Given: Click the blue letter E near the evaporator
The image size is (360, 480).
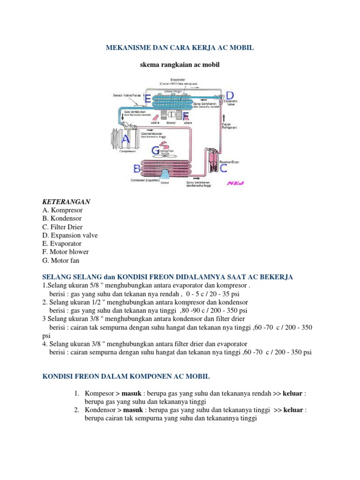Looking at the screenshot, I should point(148,99).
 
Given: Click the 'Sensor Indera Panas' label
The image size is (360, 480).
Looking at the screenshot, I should point(127,95).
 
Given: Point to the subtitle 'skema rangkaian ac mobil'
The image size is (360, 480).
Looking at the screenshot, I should point(180,65).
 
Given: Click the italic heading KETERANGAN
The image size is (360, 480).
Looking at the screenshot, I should point(66,201).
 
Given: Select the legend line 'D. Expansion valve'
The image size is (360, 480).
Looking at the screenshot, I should point(70,235).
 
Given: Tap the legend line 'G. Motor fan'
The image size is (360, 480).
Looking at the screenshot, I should point(61,261).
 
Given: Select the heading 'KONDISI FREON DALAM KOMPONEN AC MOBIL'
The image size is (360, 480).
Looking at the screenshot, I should point(127,376).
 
